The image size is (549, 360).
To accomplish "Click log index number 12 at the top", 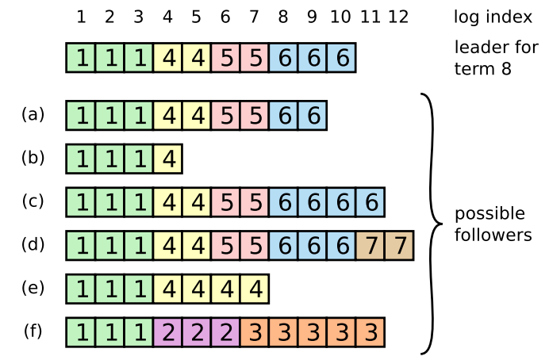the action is [399, 17].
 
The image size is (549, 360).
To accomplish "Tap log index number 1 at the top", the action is [81, 17].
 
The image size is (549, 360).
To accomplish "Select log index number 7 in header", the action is [255, 17].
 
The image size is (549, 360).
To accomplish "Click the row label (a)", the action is [33, 114].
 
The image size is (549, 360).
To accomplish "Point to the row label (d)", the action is [33, 244].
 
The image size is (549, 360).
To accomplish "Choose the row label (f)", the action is [33, 331].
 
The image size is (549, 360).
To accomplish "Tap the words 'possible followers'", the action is [490, 224].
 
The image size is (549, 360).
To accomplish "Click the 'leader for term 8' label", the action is [495, 57].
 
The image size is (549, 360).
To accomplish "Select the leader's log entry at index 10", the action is [341, 58].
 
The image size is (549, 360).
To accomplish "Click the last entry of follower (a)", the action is [313, 116].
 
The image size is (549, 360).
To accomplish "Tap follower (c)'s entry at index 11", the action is [370, 202].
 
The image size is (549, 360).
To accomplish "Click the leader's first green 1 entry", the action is [81, 58].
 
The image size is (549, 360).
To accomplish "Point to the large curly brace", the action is [432, 224].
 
